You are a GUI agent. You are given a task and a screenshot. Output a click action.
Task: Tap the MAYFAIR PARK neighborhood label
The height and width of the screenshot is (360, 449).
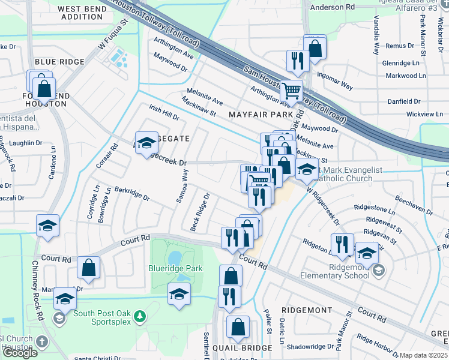(260, 113)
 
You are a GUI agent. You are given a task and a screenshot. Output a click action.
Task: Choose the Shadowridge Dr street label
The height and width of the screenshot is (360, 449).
(310, 346)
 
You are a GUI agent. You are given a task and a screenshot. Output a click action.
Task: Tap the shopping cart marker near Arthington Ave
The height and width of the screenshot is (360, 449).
(292, 91)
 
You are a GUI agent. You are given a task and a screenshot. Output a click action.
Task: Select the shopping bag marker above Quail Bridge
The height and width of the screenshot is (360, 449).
(238, 327)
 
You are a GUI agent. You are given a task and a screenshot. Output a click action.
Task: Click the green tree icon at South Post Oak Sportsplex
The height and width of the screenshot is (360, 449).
(139, 316)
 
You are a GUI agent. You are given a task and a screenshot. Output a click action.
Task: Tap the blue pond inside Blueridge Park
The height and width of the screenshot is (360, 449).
(175, 258)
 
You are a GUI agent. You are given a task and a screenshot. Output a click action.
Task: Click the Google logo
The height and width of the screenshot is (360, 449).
(20, 353)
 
